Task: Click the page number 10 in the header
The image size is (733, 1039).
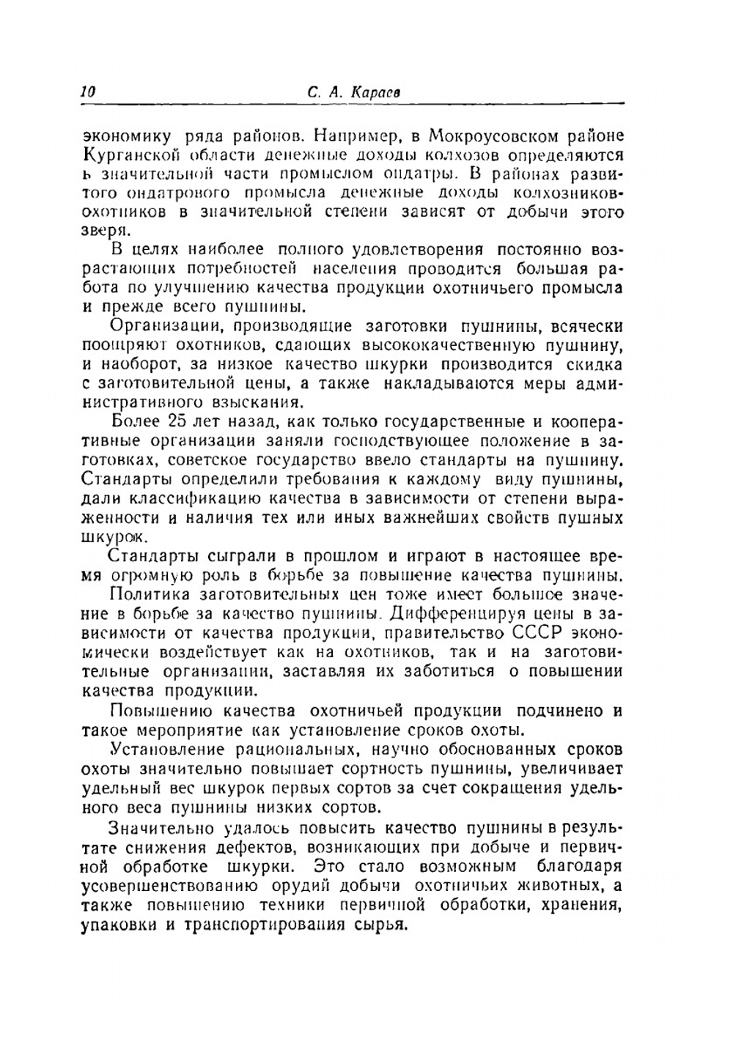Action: click(x=89, y=92)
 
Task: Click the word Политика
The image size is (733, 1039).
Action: click(x=147, y=594)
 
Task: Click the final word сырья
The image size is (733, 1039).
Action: click(x=381, y=924)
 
